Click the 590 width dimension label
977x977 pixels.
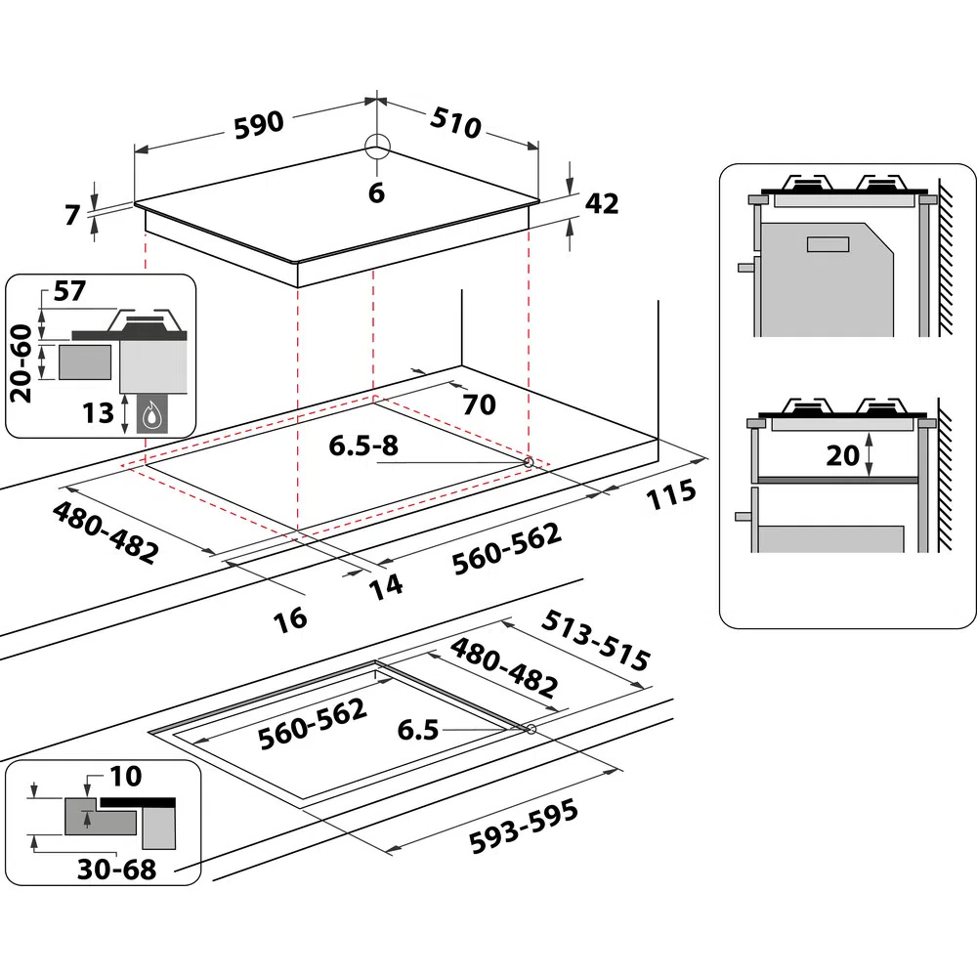point(258,123)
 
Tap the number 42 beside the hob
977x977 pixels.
point(602,204)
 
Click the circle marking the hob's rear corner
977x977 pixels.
point(377,148)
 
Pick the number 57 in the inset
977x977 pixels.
point(71,290)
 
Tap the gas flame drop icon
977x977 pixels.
point(152,415)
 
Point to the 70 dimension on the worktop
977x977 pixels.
point(479,403)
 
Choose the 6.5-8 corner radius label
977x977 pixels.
point(363,446)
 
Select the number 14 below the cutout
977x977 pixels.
point(386,584)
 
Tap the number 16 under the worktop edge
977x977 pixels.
point(290,617)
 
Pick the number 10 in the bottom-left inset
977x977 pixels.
point(126,777)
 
